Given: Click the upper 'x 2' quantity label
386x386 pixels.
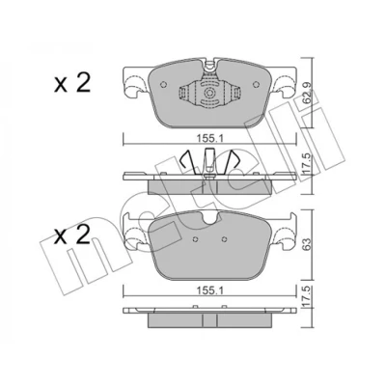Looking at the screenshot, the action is tap(72, 83).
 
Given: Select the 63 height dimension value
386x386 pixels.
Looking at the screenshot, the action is tap(307, 245).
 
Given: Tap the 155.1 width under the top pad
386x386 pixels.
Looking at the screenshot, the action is tap(209, 139).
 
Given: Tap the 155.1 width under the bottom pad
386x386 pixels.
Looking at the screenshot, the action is tap(209, 290).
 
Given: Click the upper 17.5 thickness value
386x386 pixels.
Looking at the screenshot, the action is tap(306, 164).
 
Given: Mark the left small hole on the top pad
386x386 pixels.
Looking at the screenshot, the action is tap(163, 84).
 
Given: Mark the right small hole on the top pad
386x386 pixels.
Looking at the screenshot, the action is tap(256, 84).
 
